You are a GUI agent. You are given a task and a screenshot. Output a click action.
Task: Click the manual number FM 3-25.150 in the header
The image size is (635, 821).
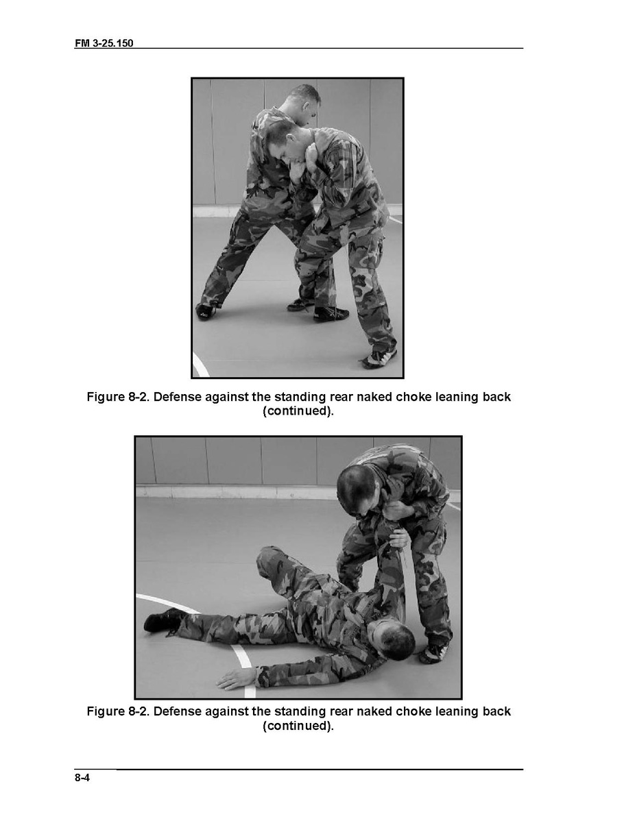(x=104, y=43)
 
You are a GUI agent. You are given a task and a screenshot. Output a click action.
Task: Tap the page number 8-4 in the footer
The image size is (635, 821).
(x=82, y=778)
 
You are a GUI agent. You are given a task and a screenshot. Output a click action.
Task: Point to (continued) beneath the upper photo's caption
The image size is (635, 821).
(x=298, y=411)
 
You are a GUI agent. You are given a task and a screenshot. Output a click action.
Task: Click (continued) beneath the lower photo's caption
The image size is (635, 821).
(x=298, y=726)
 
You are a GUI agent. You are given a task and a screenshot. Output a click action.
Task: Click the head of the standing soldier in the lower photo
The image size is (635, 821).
(x=361, y=491)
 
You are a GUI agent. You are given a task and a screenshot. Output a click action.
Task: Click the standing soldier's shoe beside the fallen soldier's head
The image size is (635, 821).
(x=434, y=652)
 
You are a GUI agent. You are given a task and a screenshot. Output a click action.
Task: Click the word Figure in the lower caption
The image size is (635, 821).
(x=106, y=711)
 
